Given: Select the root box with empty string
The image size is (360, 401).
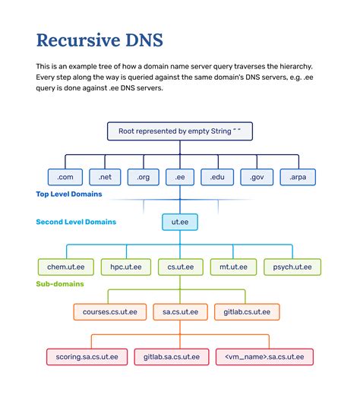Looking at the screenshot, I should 179,131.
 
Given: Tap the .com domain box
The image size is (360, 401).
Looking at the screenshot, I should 65,177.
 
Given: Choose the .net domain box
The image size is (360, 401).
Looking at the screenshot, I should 105,177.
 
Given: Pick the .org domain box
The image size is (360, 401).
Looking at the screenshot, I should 143,177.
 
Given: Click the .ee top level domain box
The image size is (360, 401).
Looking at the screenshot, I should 180,177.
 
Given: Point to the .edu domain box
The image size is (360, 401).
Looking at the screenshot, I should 217,177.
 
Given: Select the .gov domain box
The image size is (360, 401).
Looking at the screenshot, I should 256,177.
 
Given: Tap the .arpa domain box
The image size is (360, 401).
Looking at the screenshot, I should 297,177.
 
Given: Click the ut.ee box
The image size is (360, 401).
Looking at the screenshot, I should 180,222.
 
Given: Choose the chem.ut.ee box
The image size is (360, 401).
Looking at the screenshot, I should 66,267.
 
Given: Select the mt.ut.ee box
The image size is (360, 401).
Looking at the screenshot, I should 233,267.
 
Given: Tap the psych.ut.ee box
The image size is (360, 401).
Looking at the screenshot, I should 292,267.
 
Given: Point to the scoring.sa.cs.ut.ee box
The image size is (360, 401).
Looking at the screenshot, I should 81,356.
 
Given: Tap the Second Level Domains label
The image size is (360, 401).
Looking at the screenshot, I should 76,223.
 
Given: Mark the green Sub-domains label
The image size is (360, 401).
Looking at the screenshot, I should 60,284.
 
